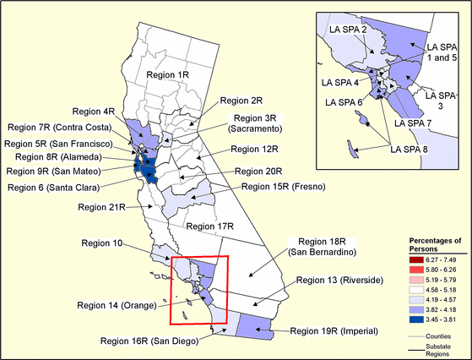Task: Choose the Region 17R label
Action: [x=209, y=226]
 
